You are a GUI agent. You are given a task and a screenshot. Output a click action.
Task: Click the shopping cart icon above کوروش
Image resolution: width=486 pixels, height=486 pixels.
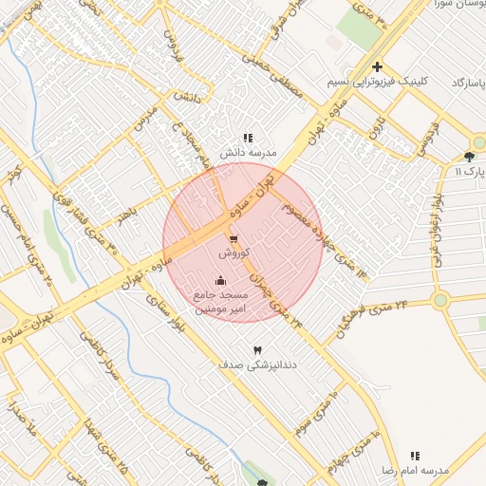(x=234, y=238)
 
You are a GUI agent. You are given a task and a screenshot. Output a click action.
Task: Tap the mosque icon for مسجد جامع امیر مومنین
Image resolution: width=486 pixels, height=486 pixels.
(x=221, y=281)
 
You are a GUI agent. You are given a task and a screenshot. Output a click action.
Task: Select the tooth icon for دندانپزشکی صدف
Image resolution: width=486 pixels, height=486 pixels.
(x=256, y=350)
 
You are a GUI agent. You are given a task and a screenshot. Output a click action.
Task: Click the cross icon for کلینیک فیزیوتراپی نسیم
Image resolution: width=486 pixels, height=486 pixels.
(x=378, y=67)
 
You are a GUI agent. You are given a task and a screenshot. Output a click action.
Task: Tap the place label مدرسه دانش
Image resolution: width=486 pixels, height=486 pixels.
(x=248, y=152)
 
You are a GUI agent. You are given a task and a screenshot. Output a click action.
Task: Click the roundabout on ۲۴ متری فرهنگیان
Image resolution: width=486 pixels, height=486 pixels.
(x=439, y=301)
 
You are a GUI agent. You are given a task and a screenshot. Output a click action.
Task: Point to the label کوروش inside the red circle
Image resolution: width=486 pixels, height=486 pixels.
(x=234, y=254)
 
